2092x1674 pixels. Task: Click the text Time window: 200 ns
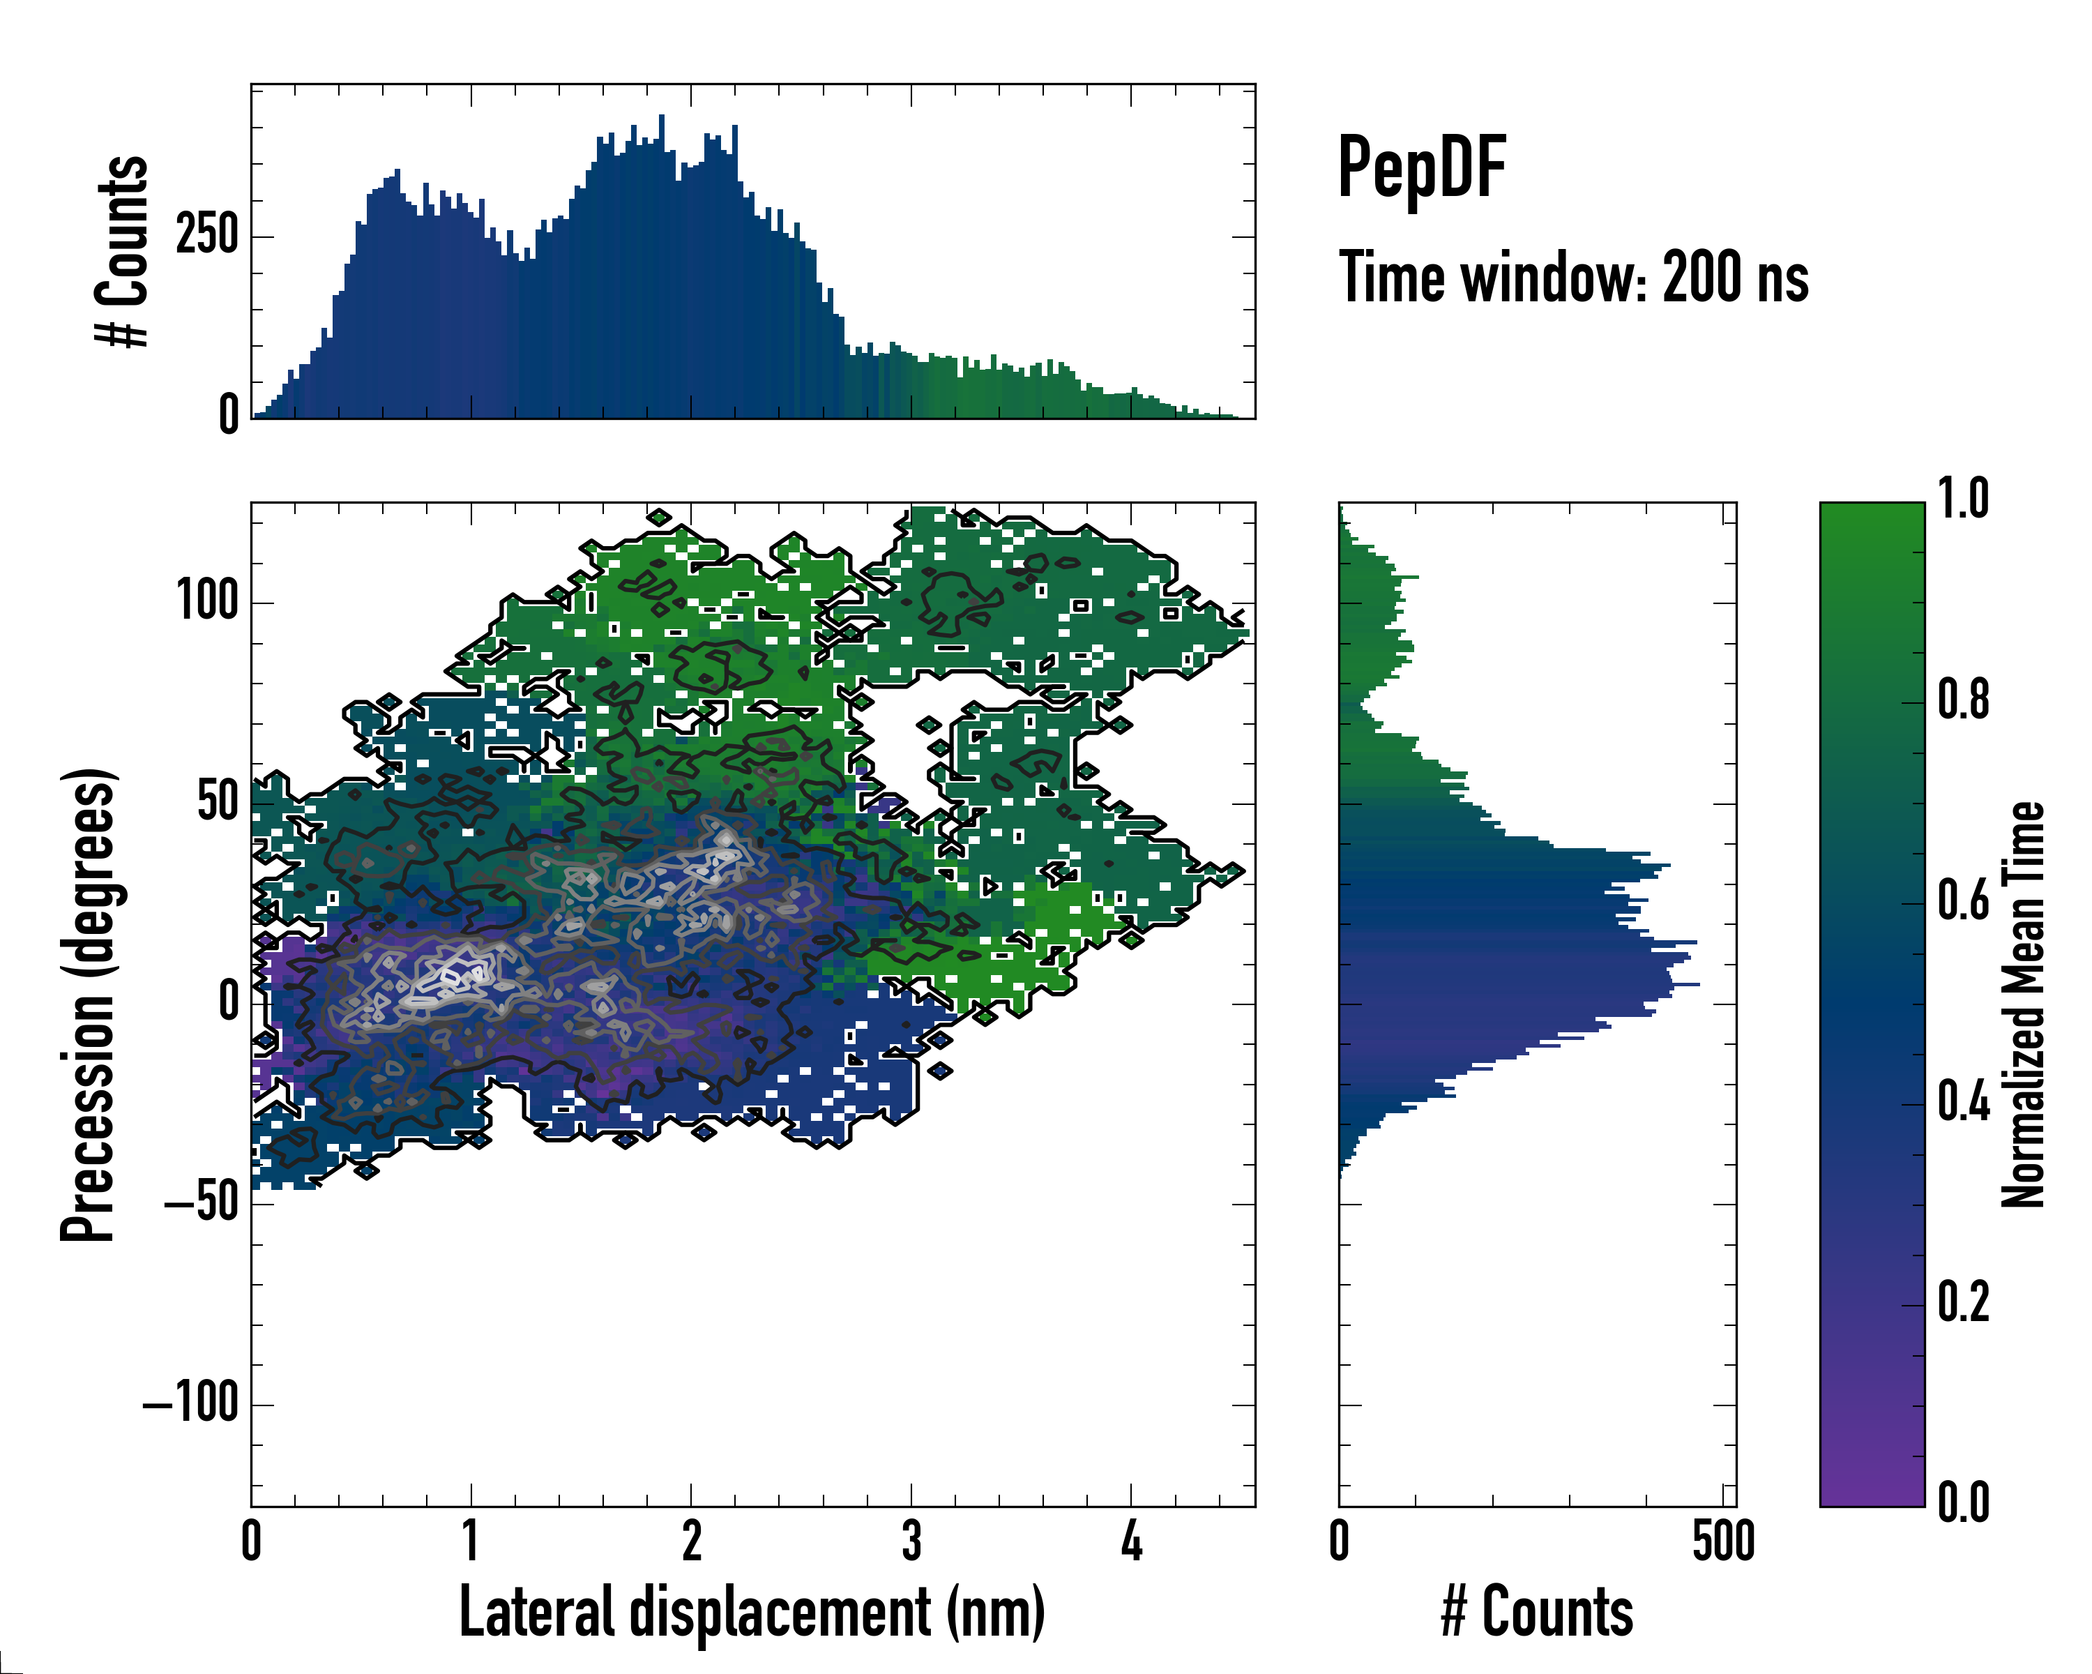[1573, 278]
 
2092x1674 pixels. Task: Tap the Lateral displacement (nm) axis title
[752, 1612]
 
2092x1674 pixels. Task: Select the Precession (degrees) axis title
[89, 1004]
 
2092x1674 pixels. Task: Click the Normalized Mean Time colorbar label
[2023, 1004]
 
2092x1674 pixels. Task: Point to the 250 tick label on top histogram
[206, 236]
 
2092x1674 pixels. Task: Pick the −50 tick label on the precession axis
[201, 1202]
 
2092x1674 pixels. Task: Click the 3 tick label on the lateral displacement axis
[911, 1542]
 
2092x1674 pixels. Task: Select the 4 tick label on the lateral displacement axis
[1131, 1542]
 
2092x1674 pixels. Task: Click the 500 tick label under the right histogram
[1723, 1542]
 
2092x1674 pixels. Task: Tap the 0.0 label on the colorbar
[1963, 1503]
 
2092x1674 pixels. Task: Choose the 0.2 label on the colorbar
[1963, 1302]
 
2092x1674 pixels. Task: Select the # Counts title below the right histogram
[1537, 1612]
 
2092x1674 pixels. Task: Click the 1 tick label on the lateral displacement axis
[471, 1542]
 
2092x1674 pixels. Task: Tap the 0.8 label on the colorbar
[1963, 700]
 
